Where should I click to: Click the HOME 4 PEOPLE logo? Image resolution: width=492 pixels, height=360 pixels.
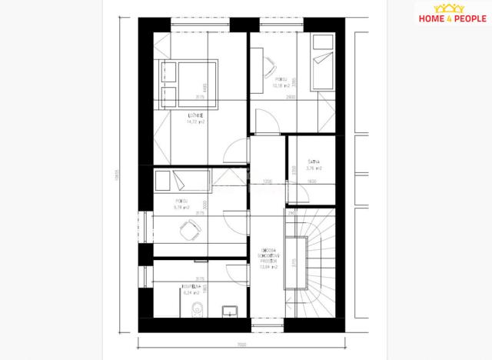click(x=450, y=19)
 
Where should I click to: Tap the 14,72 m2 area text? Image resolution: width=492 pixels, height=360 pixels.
click(x=194, y=122)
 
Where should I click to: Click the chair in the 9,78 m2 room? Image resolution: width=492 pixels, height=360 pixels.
click(x=195, y=225)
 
